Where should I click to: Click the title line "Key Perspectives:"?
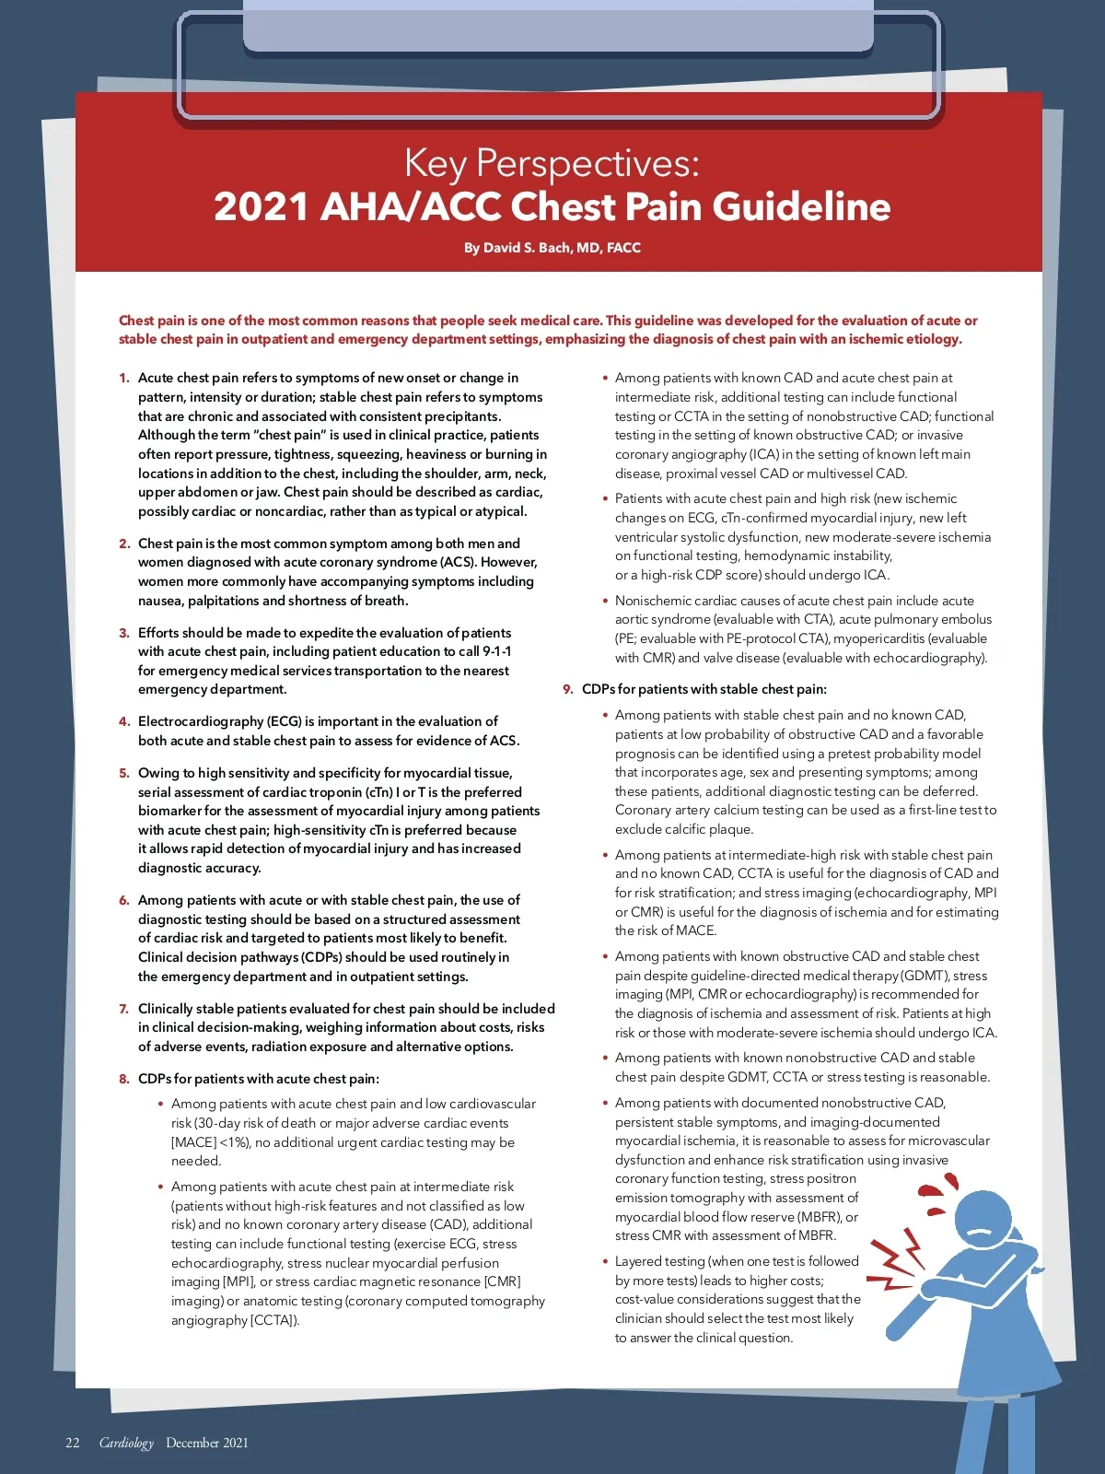(552, 163)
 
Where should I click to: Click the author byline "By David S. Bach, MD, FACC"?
(552, 248)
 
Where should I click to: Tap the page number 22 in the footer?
(73, 1443)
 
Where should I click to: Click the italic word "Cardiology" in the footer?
(126, 1443)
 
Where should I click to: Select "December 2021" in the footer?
(207, 1443)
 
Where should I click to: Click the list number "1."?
(124, 378)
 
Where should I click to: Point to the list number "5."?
(124, 773)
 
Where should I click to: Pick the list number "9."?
(568, 689)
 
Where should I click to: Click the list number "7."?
(124, 1009)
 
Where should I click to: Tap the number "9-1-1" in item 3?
(493, 651)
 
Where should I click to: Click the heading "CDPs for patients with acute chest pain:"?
(259, 1079)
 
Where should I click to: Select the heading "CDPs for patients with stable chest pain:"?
(704, 689)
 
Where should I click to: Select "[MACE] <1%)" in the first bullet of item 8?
(211, 1142)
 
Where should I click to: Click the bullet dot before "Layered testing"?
(605, 1262)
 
